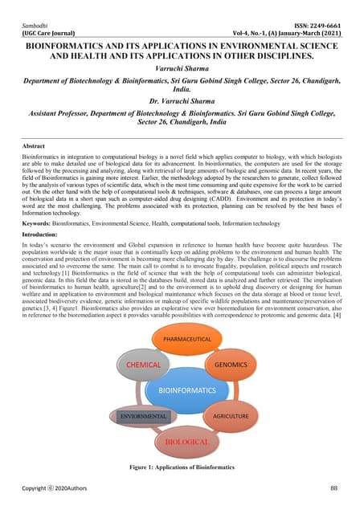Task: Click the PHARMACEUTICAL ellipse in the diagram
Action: coord(181,339)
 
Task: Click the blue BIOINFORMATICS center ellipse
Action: coord(181,390)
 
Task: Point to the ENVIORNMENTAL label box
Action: coord(142,417)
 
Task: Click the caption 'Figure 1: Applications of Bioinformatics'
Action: coord(182,467)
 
